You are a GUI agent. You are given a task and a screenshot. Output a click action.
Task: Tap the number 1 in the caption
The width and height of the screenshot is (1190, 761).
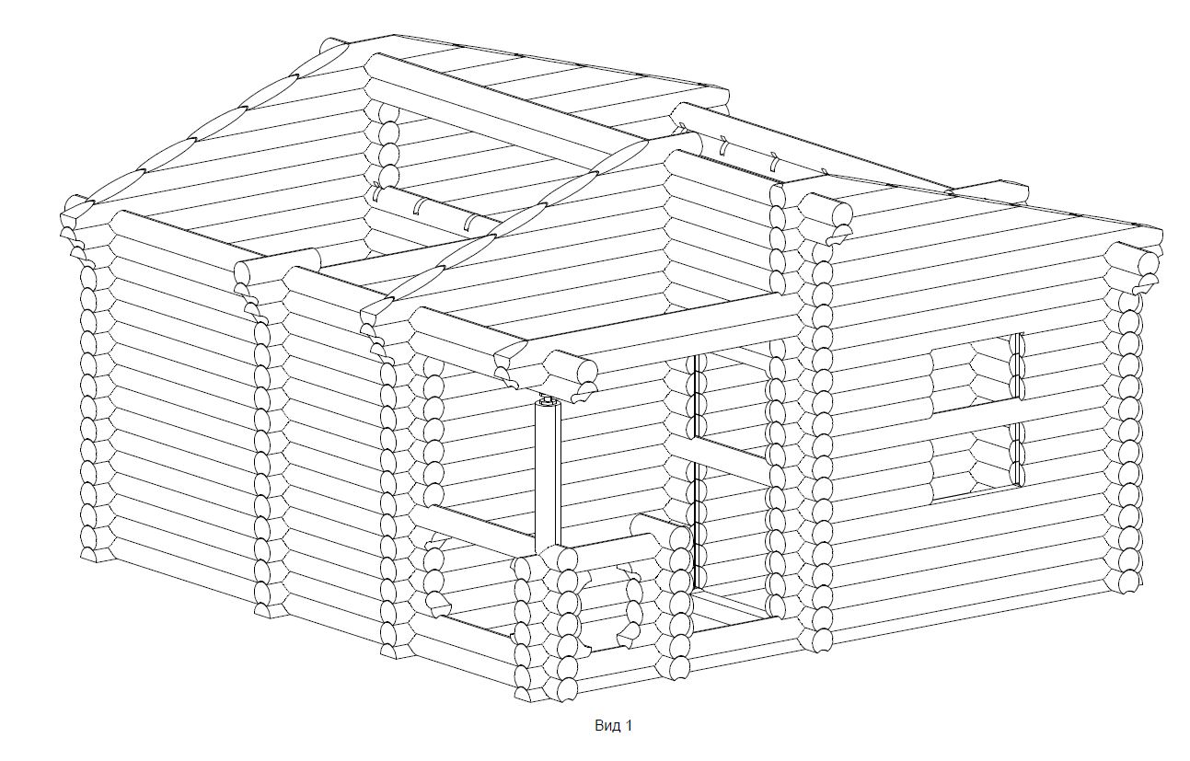[629, 725]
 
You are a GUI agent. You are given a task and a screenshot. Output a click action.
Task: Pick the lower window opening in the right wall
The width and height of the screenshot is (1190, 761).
[977, 462]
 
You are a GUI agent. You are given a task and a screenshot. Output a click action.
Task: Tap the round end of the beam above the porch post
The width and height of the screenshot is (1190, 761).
[585, 370]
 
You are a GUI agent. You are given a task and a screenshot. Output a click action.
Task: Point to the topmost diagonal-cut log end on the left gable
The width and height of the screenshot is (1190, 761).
[335, 53]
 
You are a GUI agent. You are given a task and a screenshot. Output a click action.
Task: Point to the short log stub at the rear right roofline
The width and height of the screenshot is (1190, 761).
[989, 192]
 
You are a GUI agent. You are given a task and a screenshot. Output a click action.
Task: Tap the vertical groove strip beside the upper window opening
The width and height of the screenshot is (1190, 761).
[1017, 366]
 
